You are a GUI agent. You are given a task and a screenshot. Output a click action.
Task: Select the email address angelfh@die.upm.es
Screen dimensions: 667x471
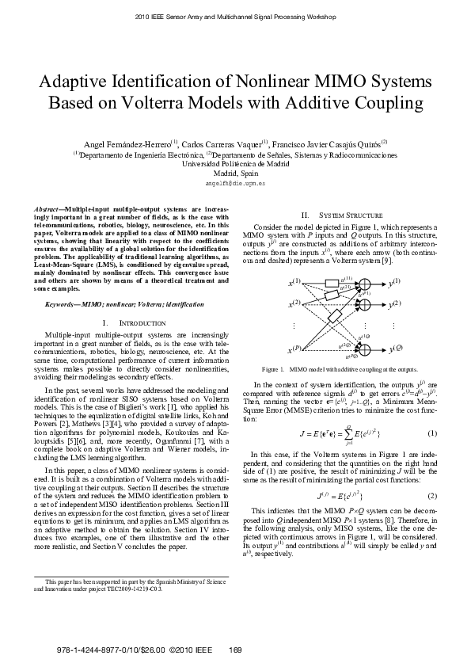click(235, 182)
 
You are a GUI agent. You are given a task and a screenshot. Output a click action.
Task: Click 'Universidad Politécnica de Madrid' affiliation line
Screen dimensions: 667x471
click(235, 163)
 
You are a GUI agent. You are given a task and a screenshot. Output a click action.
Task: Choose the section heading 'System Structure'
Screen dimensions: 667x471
click(351, 215)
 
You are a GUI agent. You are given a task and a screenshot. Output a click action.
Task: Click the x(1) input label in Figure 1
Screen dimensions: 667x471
click(294, 282)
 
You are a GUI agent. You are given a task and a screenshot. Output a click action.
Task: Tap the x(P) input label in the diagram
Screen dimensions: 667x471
click(294, 349)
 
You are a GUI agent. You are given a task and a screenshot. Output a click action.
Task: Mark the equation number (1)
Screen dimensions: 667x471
click(432, 433)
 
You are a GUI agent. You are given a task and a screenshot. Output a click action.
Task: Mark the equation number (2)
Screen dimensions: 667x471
click(432, 496)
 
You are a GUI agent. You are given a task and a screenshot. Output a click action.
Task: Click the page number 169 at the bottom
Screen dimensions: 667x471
click(234, 650)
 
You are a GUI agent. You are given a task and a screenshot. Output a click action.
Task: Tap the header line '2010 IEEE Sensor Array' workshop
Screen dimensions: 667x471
click(235, 16)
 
